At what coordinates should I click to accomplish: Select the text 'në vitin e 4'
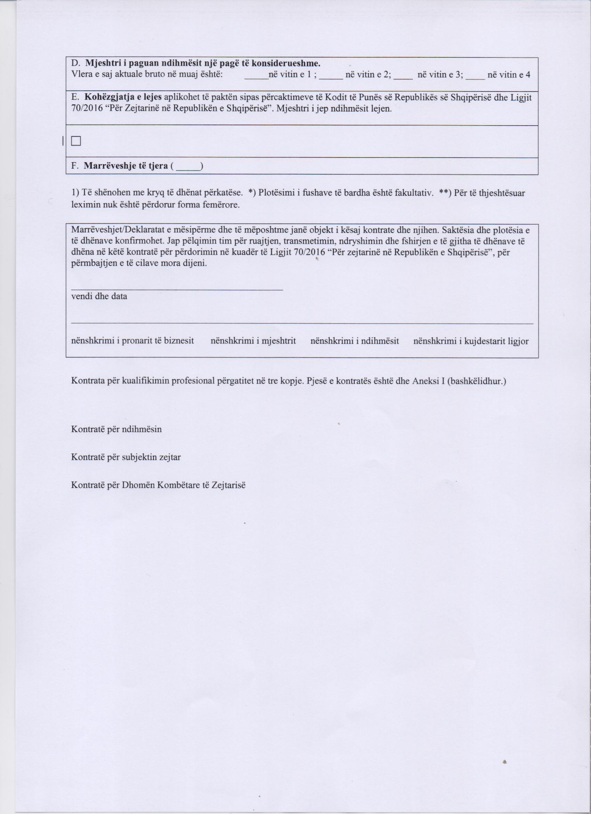[x=509, y=75]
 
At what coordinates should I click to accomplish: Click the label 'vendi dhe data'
[x=99, y=296]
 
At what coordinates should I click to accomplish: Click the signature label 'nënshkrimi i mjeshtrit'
[x=253, y=341]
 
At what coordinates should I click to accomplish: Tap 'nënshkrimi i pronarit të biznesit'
[x=132, y=341]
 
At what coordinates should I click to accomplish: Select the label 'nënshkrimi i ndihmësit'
[x=354, y=341]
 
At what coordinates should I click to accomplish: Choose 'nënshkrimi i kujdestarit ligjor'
[x=471, y=341]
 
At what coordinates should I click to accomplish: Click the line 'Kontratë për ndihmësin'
[x=116, y=429]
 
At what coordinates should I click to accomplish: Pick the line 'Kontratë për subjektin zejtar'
[x=126, y=457]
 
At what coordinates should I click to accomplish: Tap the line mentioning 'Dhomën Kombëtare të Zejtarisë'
[x=159, y=485]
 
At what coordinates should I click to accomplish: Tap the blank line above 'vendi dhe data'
[x=177, y=288]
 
